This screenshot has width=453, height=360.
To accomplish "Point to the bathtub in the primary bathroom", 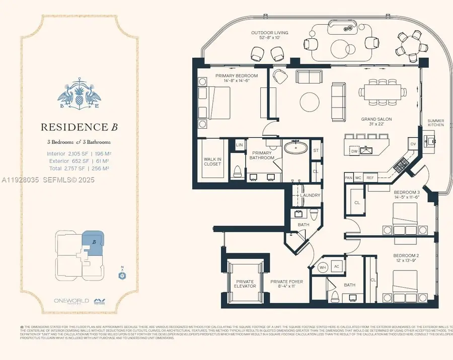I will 294,148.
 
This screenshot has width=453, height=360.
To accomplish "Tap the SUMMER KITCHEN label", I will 435,123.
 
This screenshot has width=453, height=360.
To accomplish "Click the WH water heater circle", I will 323,267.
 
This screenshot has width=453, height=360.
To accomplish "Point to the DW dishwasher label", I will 354,150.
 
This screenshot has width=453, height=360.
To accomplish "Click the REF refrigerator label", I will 370,177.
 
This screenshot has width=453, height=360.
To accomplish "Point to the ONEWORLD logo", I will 71,301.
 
